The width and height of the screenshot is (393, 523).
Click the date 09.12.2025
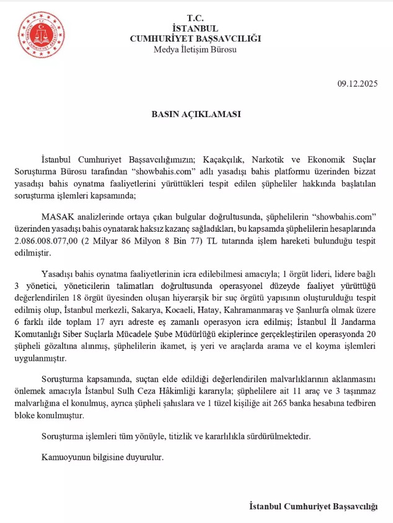(357, 83)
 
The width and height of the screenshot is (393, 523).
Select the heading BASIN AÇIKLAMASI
(196, 115)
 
